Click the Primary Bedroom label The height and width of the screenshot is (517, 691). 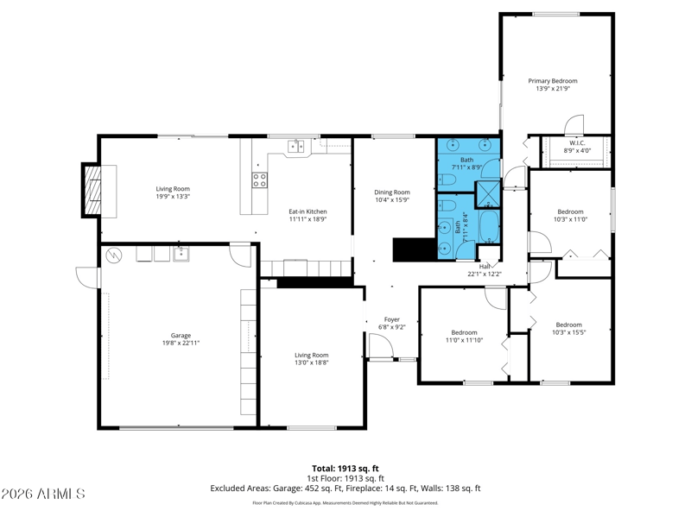pyautogui.click(x=553, y=81)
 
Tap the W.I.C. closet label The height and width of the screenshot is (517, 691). pyautogui.click(x=577, y=143)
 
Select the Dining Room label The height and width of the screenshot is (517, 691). pyautogui.click(x=392, y=192)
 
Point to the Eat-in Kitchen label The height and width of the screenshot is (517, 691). pyautogui.click(x=307, y=211)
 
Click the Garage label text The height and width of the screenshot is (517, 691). pyautogui.click(x=181, y=336)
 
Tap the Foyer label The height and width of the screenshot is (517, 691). pyautogui.click(x=392, y=319)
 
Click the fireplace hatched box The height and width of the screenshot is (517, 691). pyautogui.click(x=93, y=190)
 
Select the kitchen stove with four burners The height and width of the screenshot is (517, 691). pyautogui.click(x=259, y=180)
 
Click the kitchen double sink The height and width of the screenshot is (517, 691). pyautogui.click(x=296, y=146)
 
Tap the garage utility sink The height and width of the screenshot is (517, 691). pyautogui.click(x=181, y=254)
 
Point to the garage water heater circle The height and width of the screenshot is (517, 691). pyautogui.click(x=114, y=255)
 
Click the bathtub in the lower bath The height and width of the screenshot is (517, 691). pyautogui.click(x=489, y=228)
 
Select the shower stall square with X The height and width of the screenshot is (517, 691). pyautogui.click(x=488, y=194)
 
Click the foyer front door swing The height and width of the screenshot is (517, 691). pyautogui.click(x=381, y=347)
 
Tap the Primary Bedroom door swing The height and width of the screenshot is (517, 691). pyautogui.click(x=574, y=124)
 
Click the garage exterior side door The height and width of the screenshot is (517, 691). pyautogui.click(x=88, y=278)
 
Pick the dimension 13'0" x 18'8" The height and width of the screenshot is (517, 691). pyautogui.click(x=312, y=363)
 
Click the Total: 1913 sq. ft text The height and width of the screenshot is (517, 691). pyautogui.click(x=345, y=469)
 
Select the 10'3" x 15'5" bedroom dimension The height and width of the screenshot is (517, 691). pyautogui.click(x=569, y=332)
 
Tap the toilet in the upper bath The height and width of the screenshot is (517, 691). pyautogui.click(x=447, y=180)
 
